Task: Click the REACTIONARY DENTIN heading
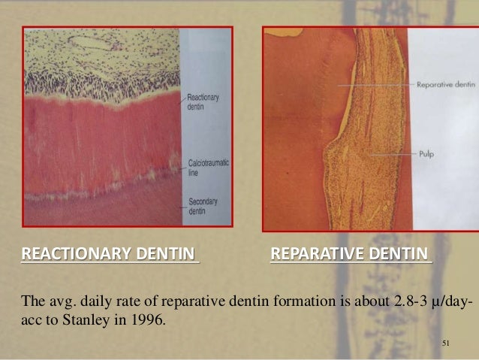coord(110,252)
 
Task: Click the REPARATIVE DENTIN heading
coord(350,252)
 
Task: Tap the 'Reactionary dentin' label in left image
coord(200,102)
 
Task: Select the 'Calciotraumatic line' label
coord(204,167)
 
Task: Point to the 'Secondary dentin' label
coord(200,205)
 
